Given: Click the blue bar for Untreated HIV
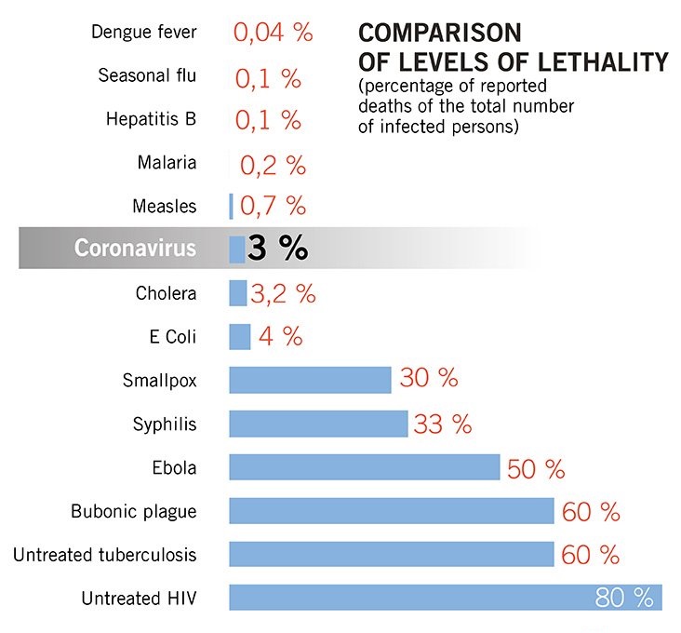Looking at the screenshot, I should coord(409,598).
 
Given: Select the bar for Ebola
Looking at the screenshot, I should coord(364,467).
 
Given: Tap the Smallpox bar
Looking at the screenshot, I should coord(310,380).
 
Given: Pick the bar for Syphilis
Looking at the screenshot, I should coord(318,424).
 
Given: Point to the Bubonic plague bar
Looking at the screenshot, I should coord(392,511).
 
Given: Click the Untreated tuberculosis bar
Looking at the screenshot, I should coord(392,554).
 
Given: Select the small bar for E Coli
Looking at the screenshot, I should coord(240,337).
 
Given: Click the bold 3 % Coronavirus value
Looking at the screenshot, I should coord(277,249).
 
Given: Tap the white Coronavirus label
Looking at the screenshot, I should coord(136,249).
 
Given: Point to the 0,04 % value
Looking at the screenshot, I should coord(273,33).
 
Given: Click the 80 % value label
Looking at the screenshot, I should coord(624,598).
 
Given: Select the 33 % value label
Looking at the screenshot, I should coord(443,424).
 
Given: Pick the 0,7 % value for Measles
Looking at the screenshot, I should coord(273,206).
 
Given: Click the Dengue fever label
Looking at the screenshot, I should coord(144,33).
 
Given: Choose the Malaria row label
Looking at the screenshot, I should coord(167,162).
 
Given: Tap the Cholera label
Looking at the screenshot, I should coord(167,293).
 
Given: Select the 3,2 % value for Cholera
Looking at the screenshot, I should coord(283,294).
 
